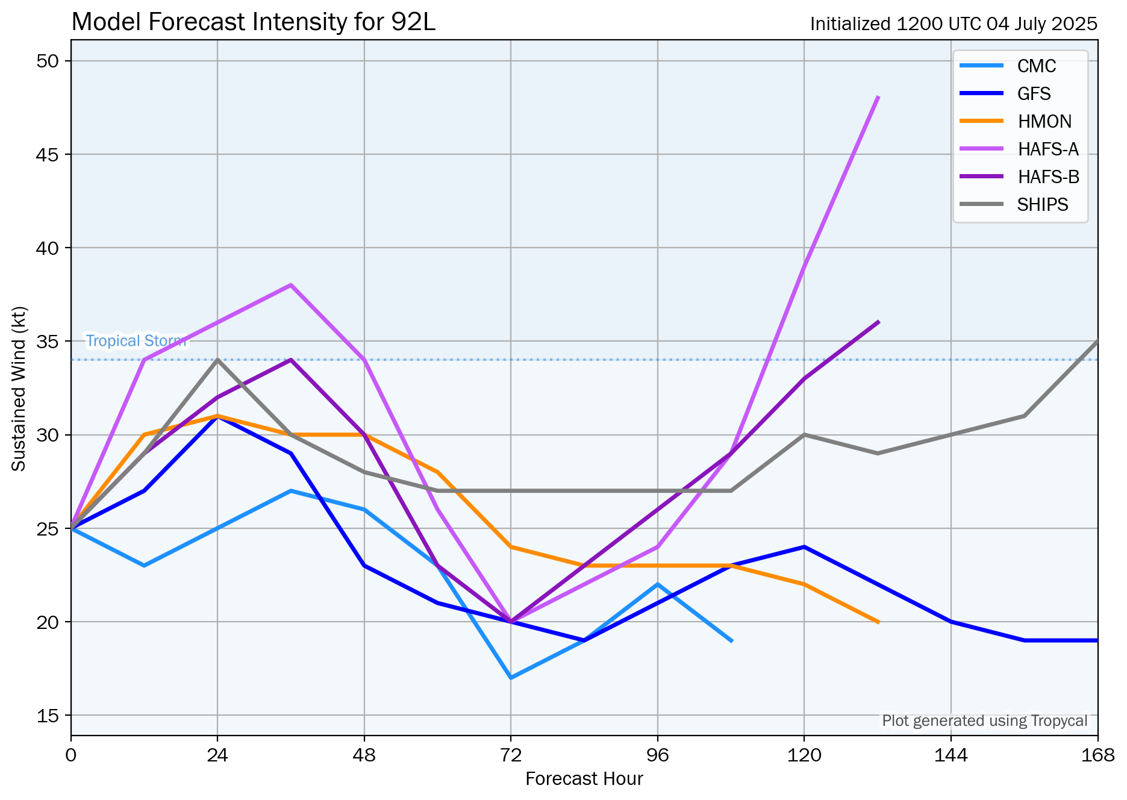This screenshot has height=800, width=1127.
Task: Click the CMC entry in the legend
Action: point(1036,66)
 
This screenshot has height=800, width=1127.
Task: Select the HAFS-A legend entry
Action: point(1047,149)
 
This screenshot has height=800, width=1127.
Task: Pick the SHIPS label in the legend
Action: point(1042,205)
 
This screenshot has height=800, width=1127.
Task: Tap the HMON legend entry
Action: point(1044,122)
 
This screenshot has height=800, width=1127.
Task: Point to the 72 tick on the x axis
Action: point(511,755)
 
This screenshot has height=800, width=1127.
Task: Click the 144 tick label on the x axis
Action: point(951,755)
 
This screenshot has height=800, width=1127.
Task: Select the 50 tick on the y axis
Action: point(47,61)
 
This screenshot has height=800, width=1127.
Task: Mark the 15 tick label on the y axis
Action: point(47,716)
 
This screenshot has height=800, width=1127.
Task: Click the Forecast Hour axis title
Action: point(584,779)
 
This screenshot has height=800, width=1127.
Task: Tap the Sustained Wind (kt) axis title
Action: point(19,389)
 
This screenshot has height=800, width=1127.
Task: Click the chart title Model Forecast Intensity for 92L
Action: point(253,22)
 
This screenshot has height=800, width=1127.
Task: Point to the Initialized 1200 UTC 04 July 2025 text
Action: point(953,24)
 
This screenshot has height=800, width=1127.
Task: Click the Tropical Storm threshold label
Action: point(136,341)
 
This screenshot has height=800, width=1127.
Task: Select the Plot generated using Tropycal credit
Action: point(984,721)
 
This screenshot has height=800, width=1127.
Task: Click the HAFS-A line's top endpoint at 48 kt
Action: point(878,97)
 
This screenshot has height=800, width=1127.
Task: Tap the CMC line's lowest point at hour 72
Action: point(511,678)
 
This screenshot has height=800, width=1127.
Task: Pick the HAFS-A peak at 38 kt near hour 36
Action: point(291,285)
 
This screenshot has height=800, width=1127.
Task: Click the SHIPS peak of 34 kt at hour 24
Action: point(217,360)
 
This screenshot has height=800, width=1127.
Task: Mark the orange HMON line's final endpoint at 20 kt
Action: point(878,622)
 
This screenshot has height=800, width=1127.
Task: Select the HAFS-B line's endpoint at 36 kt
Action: point(878,322)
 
